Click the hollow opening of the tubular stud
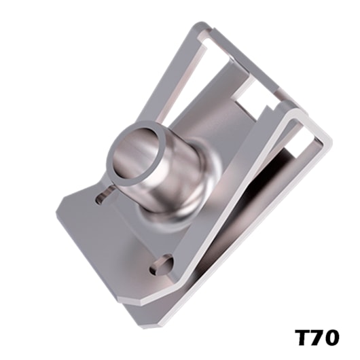(136, 154)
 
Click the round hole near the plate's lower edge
(162, 264)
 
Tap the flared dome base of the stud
(175, 206)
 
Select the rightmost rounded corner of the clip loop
(329, 141)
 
